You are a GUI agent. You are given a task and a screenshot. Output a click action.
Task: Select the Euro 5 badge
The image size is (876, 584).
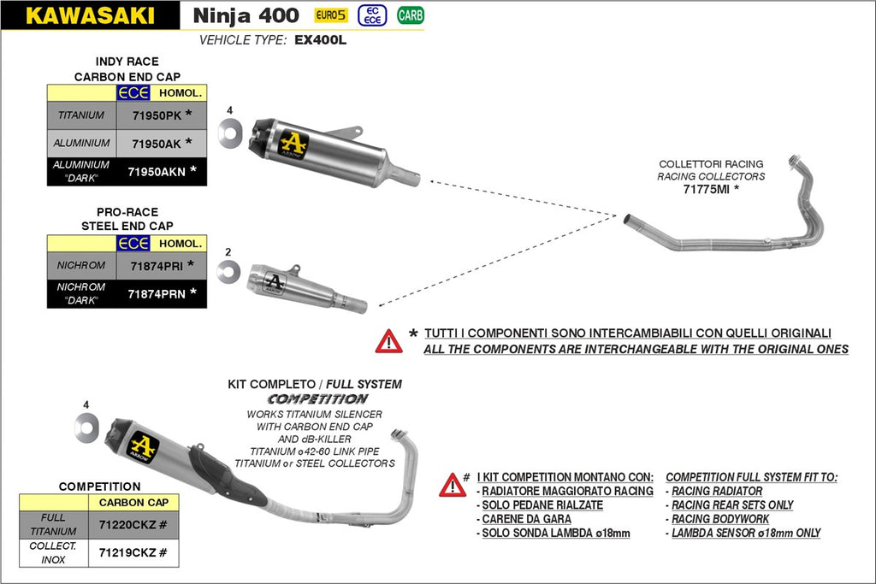(x=329, y=15)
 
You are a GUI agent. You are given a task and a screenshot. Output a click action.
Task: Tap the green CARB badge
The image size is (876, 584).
(x=411, y=15)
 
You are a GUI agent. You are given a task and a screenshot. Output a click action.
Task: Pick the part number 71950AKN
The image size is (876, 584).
(x=156, y=171)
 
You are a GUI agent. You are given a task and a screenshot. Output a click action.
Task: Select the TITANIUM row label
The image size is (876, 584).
(x=81, y=115)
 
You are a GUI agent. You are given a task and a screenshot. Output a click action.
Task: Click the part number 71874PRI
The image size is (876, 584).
(x=156, y=265)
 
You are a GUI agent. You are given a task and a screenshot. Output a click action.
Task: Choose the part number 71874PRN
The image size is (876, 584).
(x=156, y=293)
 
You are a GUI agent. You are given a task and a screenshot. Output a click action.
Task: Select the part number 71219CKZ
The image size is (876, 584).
(x=127, y=553)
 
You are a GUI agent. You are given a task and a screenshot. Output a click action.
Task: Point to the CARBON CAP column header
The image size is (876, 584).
(x=133, y=503)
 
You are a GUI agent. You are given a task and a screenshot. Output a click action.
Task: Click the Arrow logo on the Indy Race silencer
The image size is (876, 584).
(x=293, y=143)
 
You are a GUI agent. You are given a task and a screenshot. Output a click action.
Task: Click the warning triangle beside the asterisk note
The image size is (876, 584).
(x=388, y=341)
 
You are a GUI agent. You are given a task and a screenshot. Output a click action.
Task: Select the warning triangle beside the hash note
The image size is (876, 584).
(x=453, y=485)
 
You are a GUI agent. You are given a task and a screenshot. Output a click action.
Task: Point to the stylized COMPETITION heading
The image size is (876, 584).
(x=317, y=399)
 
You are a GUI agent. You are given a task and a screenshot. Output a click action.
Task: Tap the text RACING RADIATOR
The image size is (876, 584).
(x=717, y=491)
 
